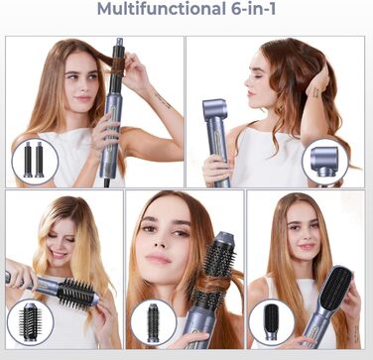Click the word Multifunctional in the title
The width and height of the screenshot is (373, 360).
point(162,9)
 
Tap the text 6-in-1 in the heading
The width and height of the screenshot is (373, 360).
point(253,9)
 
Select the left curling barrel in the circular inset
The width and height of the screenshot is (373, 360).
point(28,160)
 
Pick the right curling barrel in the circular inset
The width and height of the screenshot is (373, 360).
point(39,160)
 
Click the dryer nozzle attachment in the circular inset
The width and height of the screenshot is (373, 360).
point(324,161)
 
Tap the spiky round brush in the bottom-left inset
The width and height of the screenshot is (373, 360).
point(30,320)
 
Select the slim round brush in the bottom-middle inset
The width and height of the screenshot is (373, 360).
point(153,322)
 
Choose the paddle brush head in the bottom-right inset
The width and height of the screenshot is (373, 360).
point(272,321)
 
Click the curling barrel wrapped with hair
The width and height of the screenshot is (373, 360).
point(118,66)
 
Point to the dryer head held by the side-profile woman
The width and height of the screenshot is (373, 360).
point(214,110)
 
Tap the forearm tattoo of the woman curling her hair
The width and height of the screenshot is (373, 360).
point(164,100)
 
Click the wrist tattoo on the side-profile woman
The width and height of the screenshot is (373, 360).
point(315,92)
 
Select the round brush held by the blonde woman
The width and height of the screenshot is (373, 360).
point(76,293)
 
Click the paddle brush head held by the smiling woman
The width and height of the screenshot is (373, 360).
point(335,285)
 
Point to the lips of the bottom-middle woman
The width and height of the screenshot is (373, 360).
point(159,258)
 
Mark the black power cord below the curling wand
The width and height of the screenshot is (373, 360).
point(107,182)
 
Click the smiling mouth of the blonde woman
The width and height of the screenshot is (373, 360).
point(60,255)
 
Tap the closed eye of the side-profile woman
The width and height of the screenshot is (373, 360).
point(258,76)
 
